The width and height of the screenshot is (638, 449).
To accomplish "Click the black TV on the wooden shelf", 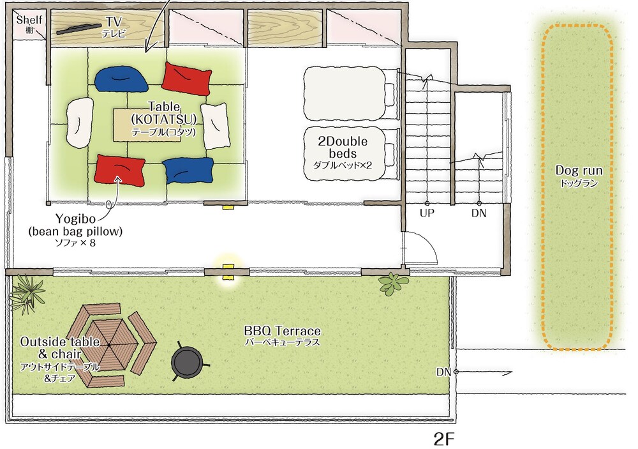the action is pos(78,29).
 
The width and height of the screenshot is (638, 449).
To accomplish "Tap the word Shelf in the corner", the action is pos(29,20).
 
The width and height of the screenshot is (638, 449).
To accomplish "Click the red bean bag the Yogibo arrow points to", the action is pos(120,170).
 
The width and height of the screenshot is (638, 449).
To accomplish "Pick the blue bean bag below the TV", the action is pos(121,79).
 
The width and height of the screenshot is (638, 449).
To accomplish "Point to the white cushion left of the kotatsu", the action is pos(78,122).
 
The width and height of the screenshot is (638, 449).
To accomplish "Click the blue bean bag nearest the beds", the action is pos(188,171).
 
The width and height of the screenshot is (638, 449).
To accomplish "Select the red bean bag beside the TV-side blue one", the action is pos(186,78).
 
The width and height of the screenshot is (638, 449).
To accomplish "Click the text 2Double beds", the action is pos(343,148).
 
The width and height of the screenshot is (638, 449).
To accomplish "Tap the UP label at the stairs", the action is pos(427,213).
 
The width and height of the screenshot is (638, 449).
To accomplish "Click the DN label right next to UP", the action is pos(479,213).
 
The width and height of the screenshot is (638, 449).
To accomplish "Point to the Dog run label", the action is pos(579,171).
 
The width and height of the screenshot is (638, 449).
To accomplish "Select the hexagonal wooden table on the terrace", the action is pos(109,346).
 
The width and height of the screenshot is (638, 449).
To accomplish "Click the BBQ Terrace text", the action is pos(282,330).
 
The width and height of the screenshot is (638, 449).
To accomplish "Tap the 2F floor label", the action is pos(443,439).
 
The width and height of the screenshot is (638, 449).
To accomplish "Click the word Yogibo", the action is pos(76,219).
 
